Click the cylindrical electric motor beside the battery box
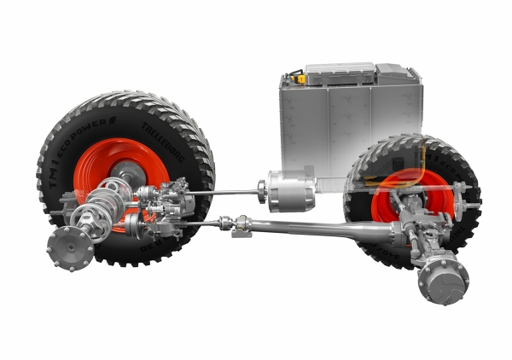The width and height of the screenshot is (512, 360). coord(291,190)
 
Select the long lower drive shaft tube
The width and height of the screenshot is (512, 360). coord(324,229)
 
